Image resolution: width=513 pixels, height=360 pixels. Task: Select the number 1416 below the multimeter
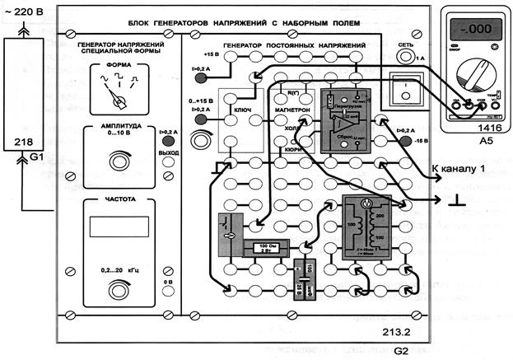tap(469, 129)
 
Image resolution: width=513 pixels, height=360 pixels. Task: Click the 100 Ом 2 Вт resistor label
tap(268, 248)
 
